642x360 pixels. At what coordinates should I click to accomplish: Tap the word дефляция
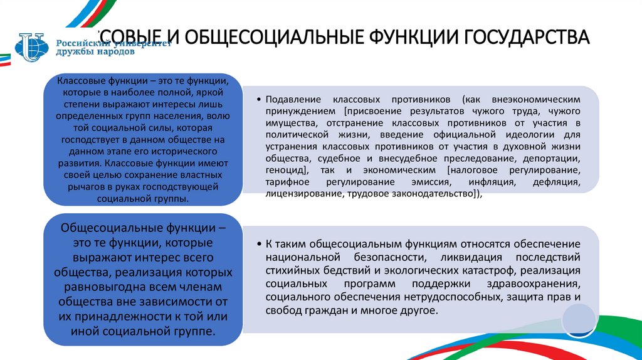pyautogui.click(x=554, y=183)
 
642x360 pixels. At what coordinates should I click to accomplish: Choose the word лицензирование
pyautogui.click(x=303, y=194)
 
